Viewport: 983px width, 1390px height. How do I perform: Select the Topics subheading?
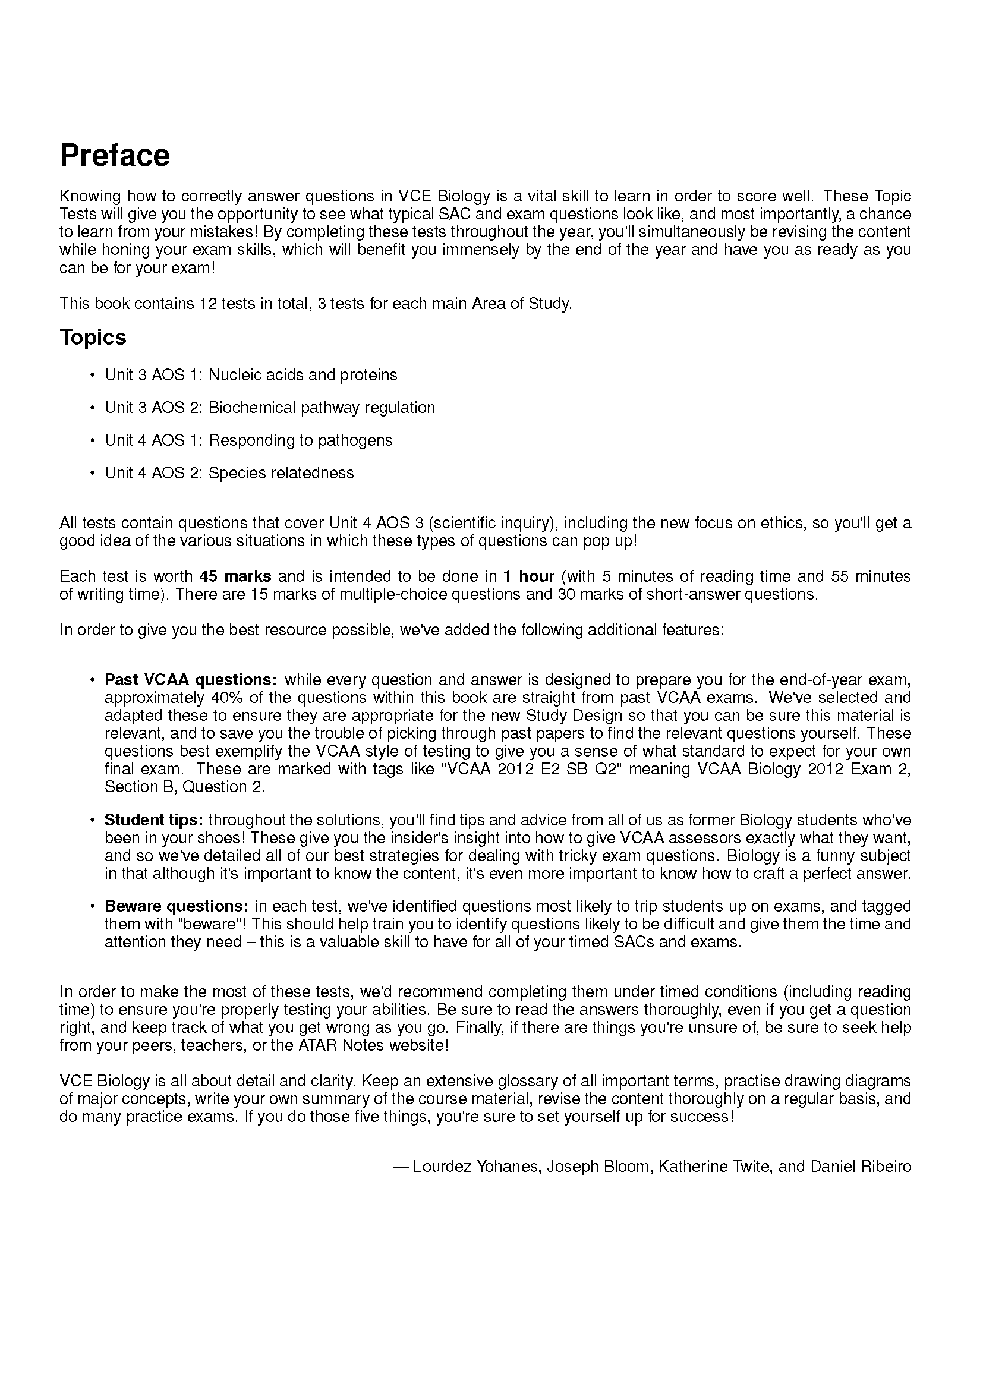pyautogui.click(x=93, y=337)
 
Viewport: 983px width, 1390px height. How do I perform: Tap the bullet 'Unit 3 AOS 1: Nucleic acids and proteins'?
pyautogui.click(x=251, y=375)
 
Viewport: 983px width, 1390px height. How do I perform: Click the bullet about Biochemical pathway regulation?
pyautogui.click(x=270, y=408)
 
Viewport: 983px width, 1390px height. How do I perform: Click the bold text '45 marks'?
pyautogui.click(x=235, y=576)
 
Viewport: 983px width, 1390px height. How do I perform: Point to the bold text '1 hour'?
pyautogui.click(x=528, y=576)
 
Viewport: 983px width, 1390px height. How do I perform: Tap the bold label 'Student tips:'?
pyautogui.click(x=154, y=820)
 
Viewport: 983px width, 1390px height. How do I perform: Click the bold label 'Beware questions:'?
pyautogui.click(x=176, y=906)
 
